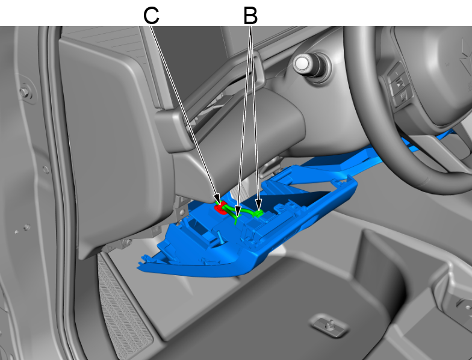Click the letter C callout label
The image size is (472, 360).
coord(151,16)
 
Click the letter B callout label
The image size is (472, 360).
coord(250,16)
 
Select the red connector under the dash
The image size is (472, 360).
coord(220,208)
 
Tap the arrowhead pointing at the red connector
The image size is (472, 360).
coord(217,199)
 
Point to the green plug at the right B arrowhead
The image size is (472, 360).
coord(258,213)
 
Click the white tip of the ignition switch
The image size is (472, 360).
coord(302,64)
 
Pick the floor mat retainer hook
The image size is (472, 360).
coord(330,326)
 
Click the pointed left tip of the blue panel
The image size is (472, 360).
coord(139,267)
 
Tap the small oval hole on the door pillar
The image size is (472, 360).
coord(46,170)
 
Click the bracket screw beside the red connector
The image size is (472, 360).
coord(182,213)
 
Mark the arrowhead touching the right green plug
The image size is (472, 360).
coord(259,205)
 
